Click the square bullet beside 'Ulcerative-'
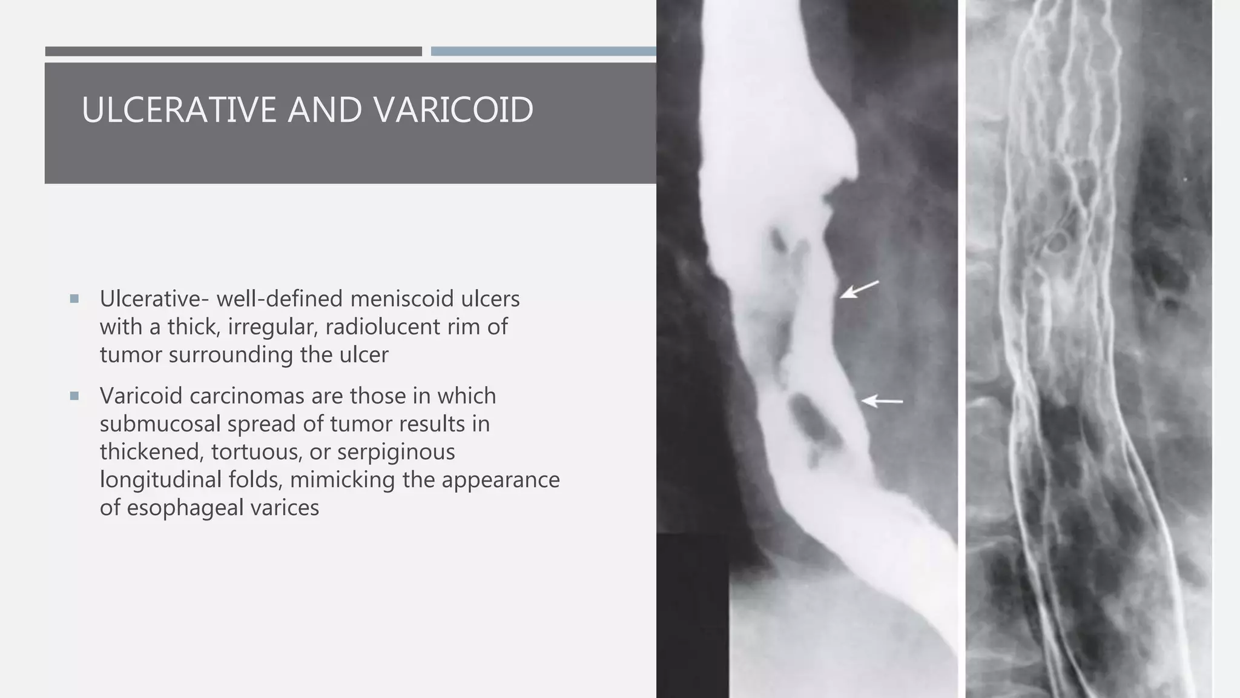click(74, 299)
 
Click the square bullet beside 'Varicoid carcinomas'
click(74, 396)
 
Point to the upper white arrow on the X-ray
click(859, 290)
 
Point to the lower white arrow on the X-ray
click(882, 401)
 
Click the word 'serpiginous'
click(396, 451)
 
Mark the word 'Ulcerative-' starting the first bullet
click(154, 299)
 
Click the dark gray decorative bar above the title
click(233, 52)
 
